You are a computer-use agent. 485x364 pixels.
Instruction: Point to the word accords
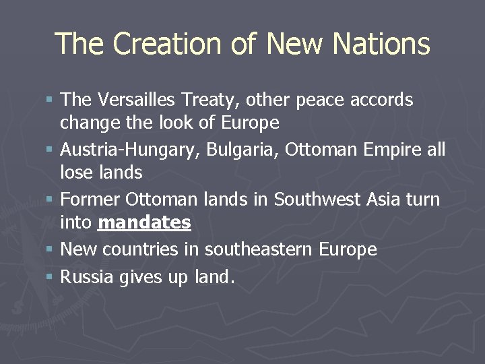(x=383, y=100)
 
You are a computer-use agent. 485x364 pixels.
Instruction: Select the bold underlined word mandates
(x=144, y=222)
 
